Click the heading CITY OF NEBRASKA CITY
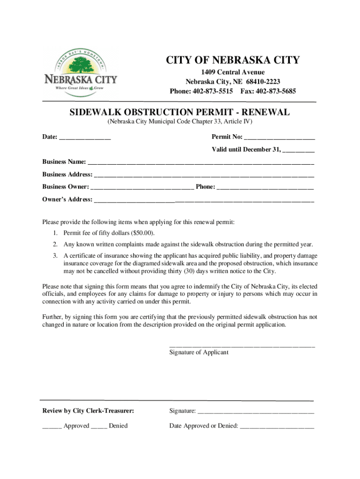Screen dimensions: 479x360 (x=233, y=60)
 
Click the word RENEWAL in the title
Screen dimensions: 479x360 (x=266, y=112)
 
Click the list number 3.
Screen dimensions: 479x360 (x=55, y=255)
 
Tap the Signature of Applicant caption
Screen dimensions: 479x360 (x=199, y=352)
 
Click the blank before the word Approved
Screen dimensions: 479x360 (x=51, y=427)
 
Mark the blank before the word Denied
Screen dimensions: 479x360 (x=99, y=427)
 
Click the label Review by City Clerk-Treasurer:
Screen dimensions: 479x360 (x=88, y=411)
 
